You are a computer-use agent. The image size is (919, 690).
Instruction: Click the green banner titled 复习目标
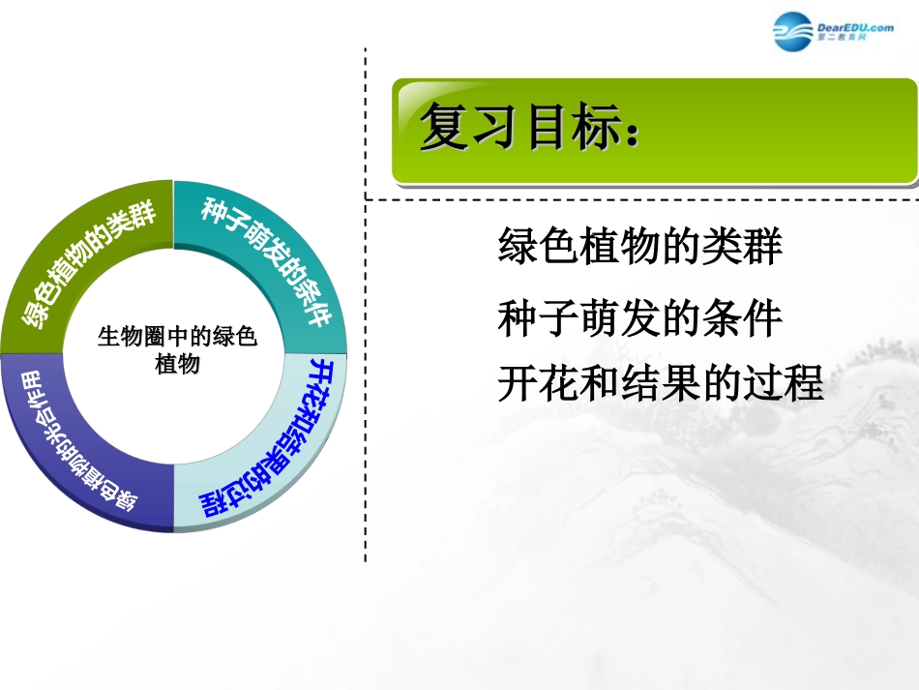654,133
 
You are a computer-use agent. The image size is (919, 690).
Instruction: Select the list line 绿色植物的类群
639,248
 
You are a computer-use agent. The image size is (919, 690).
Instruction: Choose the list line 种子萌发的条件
639,319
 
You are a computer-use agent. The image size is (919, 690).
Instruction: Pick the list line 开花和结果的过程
660,383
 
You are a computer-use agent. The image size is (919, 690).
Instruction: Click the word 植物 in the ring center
177,364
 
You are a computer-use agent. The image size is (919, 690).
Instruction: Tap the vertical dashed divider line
366,387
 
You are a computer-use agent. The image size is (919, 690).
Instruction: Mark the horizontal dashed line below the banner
638,200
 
